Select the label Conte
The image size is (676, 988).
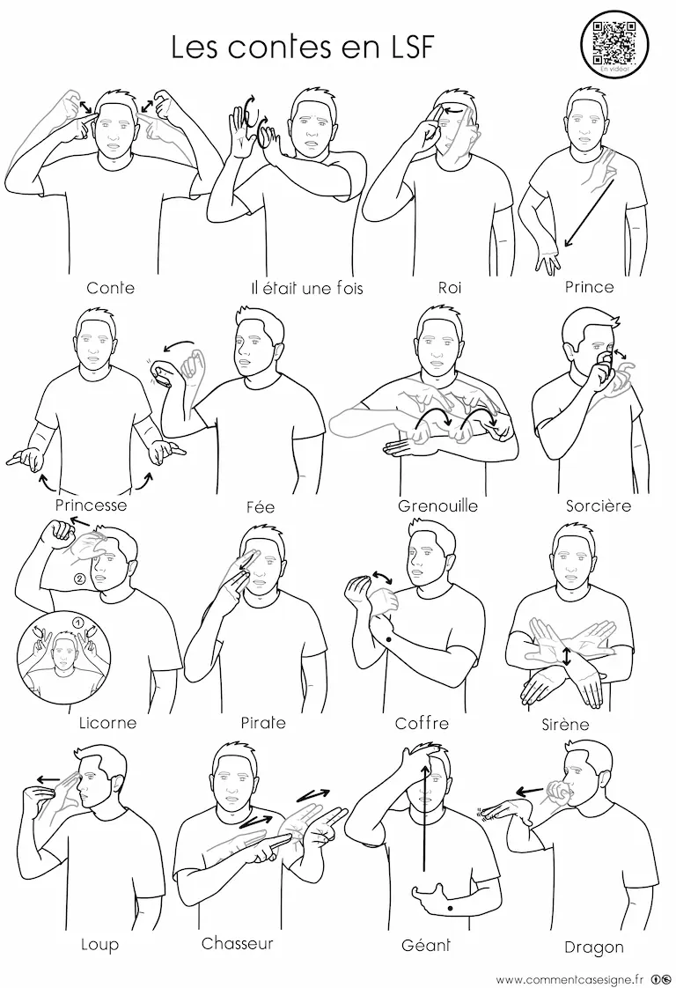click(110, 288)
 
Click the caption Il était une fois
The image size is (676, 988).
click(307, 289)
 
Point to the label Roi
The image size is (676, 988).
click(450, 288)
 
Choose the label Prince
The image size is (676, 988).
click(589, 287)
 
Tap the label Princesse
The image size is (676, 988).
click(91, 505)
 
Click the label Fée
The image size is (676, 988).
click(261, 506)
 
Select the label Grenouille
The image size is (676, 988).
click(437, 505)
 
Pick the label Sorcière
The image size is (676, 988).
click(598, 505)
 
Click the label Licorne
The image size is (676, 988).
click(107, 722)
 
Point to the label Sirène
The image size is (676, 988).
click(565, 724)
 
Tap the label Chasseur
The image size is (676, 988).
click(238, 943)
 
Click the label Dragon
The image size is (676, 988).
click(593, 947)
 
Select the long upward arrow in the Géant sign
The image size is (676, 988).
click(425, 816)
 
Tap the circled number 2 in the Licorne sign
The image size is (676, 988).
click(79, 579)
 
